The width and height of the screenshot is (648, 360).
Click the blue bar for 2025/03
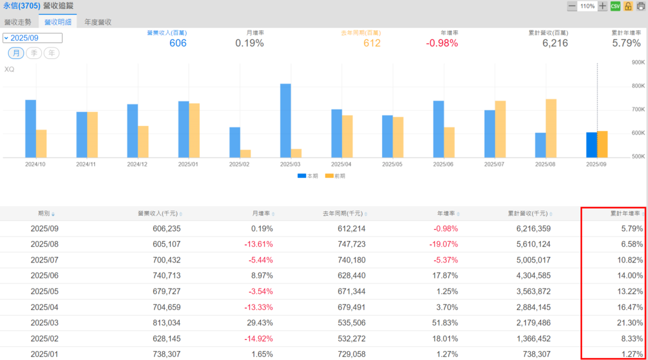[x=285, y=120]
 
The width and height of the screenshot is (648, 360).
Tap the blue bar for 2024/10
[x=30, y=128]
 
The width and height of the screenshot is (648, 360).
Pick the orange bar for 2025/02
[x=245, y=153]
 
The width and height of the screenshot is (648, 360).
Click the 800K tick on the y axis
[x=637, y=86]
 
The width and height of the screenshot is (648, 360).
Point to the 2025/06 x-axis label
[x=443, y=164]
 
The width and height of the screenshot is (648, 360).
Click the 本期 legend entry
[x=308, y=176]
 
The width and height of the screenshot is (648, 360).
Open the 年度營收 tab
[x=97, y=22]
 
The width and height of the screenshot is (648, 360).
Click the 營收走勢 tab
[x=17, y=22]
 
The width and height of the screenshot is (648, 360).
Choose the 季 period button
[x=34, y=53]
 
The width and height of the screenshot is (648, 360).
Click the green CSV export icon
[x=615, y=6]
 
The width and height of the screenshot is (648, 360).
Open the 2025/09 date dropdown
[x=32, y=38]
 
